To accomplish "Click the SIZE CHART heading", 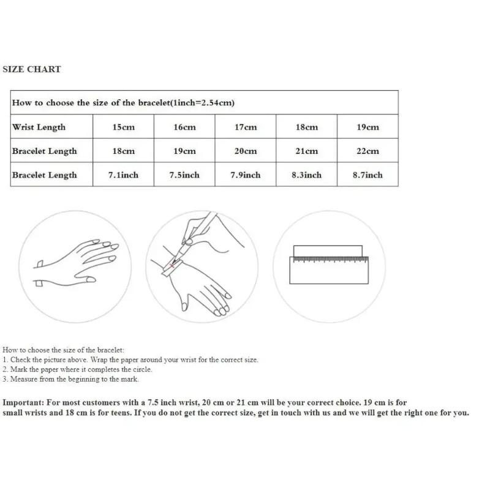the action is click(x=32, y=69).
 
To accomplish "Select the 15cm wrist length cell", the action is click(x=124, y=127).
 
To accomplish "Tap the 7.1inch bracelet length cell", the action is click(x=124, y=175).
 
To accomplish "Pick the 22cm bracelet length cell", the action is click(x=368, y=151).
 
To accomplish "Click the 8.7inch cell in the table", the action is click(x=368, y=175).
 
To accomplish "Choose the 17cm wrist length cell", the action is click(x=246, y=127).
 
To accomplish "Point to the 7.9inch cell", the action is click(x=246, y=175).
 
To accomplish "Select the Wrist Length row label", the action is click(x=39, y=127).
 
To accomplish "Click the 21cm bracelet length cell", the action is click(x=307, y=151).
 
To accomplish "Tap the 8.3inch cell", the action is click(x=307, y=175).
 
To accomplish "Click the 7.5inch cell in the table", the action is click(x=184, y=175).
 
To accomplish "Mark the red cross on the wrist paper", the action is click(x=171, y=266).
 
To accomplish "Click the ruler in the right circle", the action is click(x=329, y=270).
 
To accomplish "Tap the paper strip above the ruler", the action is click(x=328, y=251).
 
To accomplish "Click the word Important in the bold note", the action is click(x=23, y=402).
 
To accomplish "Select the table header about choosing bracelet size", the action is click(x=123, y=102).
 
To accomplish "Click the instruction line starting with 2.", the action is click(x=77, y=369).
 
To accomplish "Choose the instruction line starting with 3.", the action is click(x=70, y=379).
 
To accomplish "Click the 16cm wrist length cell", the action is click(x=184, y=127).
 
